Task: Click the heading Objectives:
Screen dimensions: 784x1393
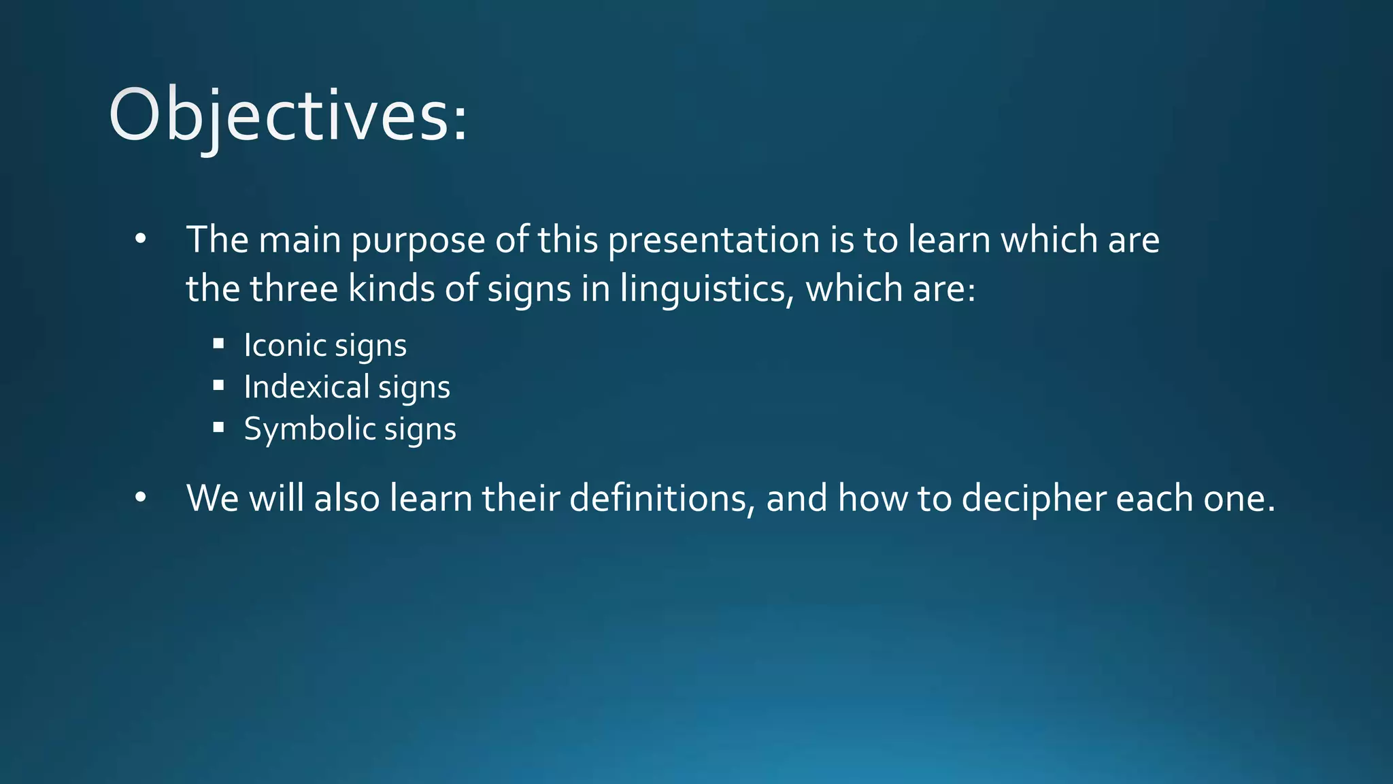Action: click(288, 116)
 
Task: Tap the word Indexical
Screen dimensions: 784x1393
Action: click(306, 387)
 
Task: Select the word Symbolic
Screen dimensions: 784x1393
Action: click(309, 429)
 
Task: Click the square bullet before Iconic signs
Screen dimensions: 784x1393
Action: click(218, 344)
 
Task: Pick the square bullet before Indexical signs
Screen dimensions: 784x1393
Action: click(218, 386)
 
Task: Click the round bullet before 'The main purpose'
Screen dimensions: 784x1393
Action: click(140, 239)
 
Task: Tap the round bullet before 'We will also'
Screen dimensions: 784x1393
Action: click(140, 497)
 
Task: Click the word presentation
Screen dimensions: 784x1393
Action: click(714, 240)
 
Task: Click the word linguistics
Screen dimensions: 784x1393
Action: click(705, 289)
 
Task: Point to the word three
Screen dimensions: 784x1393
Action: click(293, 289)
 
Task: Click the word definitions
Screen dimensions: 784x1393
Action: click(661, 498)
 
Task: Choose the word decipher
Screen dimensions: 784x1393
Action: click(1033, 500)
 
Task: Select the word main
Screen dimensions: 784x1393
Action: click(299, 240)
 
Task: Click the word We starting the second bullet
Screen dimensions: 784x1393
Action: click(212, 498)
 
